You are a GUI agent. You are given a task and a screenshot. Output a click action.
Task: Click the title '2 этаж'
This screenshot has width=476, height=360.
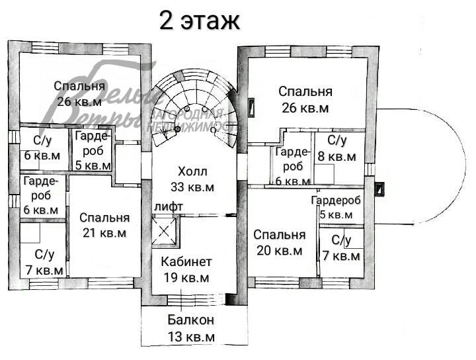point(199,21)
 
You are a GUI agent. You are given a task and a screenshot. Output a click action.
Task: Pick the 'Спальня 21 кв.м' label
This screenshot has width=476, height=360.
point(104,225)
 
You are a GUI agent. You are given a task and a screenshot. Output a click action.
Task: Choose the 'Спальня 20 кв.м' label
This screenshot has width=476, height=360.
point(279,242)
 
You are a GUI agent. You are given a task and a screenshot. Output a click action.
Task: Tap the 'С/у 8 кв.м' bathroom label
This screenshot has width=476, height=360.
point(337,149)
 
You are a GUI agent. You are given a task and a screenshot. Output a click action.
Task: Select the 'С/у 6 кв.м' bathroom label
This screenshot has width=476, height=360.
point(42,148)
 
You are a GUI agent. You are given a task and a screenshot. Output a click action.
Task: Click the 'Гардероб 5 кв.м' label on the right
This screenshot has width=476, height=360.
point(336,207)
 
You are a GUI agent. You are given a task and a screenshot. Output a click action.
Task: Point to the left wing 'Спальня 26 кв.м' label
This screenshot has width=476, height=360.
point(79,93)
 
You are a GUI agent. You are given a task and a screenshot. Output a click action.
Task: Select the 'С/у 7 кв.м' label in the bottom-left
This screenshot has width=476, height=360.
point(42,263)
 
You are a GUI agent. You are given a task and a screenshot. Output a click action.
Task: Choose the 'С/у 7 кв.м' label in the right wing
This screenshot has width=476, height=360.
point(340,247)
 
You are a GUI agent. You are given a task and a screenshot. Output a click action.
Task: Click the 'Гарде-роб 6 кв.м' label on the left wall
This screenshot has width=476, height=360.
point(40,195)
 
